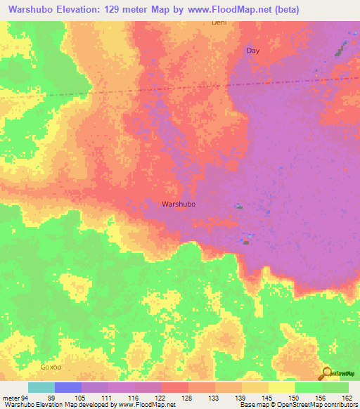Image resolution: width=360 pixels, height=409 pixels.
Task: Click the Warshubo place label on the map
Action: (178, 204)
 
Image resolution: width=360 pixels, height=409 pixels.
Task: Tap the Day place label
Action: (252, 51)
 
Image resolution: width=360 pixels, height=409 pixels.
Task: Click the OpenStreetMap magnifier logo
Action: (327, 374)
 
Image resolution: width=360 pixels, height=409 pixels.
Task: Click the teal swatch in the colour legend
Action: (41, 387)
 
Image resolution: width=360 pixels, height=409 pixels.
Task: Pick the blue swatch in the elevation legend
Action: (68, 387)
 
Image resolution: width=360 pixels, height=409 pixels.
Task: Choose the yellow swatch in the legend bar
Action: (281, 387)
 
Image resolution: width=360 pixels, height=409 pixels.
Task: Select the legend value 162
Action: (346, 398)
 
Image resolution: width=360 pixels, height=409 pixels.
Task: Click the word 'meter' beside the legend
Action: (10, 398)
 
